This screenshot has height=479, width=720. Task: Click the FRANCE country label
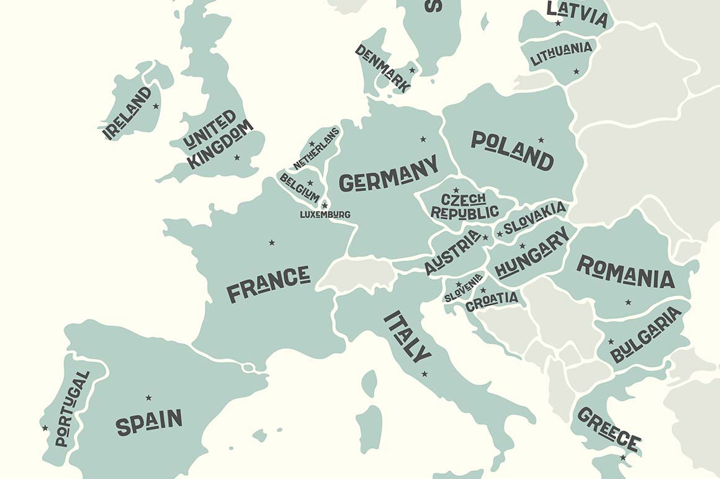click(268, 284)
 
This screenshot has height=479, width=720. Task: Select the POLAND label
click(512, 150)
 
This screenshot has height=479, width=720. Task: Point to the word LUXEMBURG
click(325, 215)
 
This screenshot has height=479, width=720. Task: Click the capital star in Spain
click(148, 397)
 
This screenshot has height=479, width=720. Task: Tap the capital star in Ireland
click(156, 106)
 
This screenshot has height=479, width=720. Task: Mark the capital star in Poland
click(541, 140)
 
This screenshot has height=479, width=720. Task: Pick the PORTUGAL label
click(72, 410)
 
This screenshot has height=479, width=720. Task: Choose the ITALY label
click(407, 336)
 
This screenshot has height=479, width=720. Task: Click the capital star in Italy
click(425, 374)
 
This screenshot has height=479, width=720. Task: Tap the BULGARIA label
click(646, 335)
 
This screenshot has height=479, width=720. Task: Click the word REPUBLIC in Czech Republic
click(464, 212)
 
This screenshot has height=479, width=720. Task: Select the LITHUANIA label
click(561, 53)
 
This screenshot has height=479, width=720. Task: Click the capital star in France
click(271, 242)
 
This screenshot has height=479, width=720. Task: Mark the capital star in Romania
click(628, 302)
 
